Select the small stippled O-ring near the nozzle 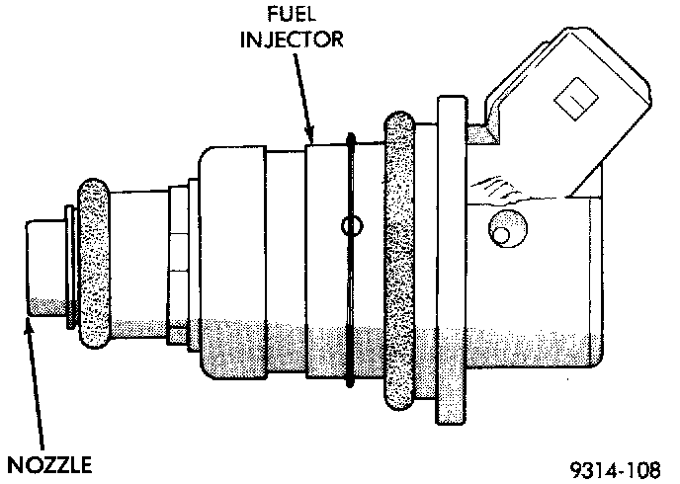point(94,263)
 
